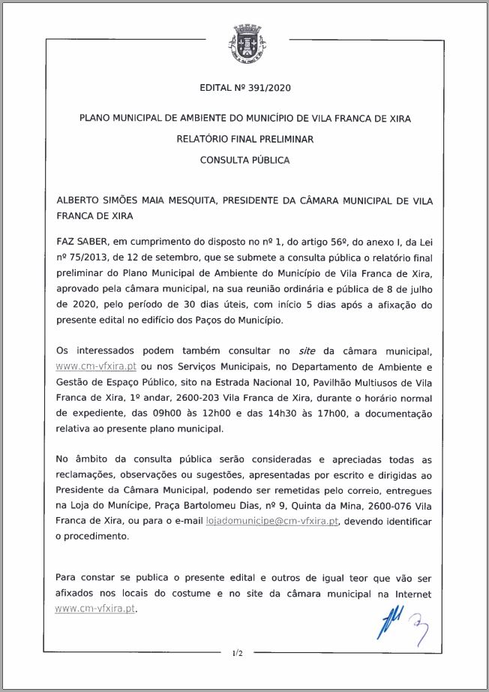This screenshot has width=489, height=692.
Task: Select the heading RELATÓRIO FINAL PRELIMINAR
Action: [x=244, y=139]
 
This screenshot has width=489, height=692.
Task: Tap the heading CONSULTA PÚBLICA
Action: [x=244, y=160]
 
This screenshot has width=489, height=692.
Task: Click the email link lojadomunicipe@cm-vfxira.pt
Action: [x=272, y=521]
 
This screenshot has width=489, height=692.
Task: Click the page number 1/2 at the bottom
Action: [x=238, y=653]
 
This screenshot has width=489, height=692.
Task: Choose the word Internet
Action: [x=411, y=594]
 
